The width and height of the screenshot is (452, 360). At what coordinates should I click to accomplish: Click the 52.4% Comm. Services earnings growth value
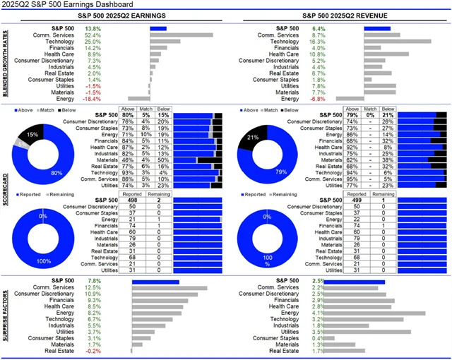[93, 35]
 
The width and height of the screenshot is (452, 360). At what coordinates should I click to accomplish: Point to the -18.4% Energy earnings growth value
[92, 98]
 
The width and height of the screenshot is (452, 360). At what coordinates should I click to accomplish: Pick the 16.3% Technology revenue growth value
[317, 41]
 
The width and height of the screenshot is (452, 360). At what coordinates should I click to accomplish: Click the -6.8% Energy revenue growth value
[317, 98]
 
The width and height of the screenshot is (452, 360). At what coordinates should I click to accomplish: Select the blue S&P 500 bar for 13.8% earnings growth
[157, 28]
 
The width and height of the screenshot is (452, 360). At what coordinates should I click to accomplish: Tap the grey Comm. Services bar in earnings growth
[181, 35]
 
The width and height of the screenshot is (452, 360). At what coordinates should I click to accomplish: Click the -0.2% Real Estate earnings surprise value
[92, 351]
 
